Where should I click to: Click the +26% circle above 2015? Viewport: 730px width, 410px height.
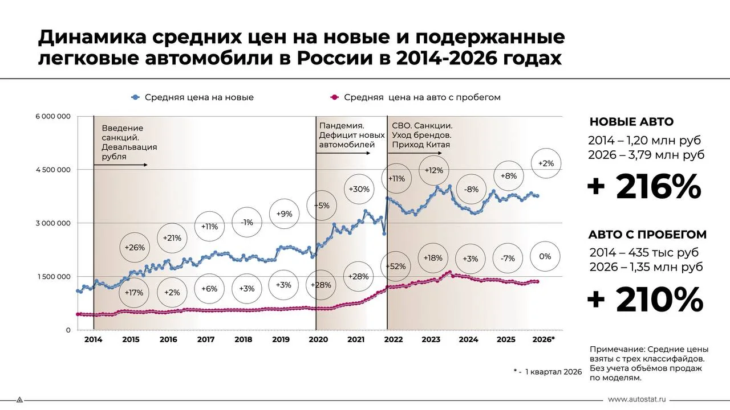135,248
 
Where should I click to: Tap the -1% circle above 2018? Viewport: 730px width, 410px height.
247,223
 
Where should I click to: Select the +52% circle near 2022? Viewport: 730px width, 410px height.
395,266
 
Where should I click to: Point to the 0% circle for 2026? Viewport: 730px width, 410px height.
545,257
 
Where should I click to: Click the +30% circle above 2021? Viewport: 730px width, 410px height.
359,189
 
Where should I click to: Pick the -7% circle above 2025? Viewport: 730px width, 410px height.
507,259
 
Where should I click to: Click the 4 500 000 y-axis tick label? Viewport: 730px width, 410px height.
52,170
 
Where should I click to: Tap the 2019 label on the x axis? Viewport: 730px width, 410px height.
280,339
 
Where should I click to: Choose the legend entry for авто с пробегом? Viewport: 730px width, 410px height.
416,97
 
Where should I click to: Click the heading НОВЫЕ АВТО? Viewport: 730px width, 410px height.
631,122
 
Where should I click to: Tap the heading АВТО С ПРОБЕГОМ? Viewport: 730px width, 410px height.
647,235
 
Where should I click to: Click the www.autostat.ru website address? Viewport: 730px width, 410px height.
637,400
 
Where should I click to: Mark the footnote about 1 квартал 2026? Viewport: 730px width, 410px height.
547,371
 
